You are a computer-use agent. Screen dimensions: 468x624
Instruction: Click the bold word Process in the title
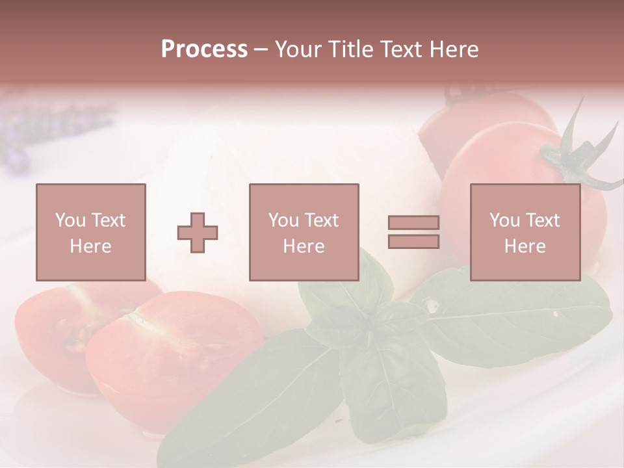coord(204,49)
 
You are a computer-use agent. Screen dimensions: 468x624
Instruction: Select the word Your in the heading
coord(296,49)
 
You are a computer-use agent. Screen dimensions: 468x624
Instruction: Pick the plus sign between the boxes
coord(198,232)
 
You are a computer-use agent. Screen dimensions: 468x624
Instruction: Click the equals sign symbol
coord(413,232)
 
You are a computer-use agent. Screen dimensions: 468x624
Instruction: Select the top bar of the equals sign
coord(413,222)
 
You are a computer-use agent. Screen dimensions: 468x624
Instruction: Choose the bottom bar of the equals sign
coord(413,242)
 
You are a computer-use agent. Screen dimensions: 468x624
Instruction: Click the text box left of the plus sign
coord(91,232)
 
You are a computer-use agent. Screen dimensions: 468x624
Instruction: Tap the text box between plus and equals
coord(304,232)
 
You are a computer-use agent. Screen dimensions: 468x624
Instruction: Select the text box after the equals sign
coord(525,232)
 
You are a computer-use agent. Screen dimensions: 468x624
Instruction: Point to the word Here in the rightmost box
coord(525,246)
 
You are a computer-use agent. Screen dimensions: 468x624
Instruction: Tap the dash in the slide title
coord(261,49)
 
